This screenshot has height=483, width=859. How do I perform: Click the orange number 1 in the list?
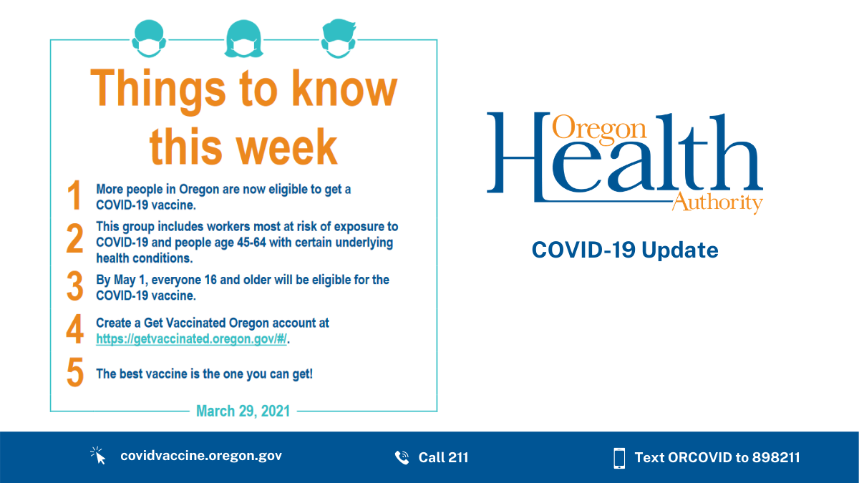tap(74, 196)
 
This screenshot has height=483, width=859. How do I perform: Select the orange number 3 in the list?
tap(74, 286)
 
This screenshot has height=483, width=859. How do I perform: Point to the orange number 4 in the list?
tap(74, 329)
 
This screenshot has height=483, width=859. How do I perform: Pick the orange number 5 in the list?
tap(74, 373)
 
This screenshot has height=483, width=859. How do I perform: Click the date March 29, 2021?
tap(243, 411)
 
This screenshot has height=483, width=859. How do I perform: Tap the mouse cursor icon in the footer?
tap(98, 456)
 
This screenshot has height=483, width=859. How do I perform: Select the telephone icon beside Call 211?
tap(402, 457)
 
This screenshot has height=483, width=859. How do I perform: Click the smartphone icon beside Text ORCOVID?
tap(619, 457)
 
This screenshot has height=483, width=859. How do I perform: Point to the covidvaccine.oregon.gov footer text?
tap(201, 456)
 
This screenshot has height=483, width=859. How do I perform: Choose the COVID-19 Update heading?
tap(624, 250)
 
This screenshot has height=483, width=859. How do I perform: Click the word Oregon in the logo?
tap(599, 128)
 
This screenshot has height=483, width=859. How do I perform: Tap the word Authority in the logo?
tap(717, 203)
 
